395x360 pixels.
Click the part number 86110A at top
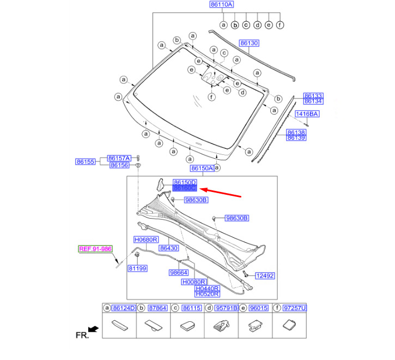pos(222,4)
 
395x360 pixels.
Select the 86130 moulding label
pos(249,43)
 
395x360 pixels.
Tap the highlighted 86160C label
pos(185,188)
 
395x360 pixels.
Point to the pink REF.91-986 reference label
pos(95,249)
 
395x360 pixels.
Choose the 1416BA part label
pos(307,114)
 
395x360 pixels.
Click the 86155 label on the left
pos(86,161)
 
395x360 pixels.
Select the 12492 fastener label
pos(264,276)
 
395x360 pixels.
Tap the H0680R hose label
pos(146,239)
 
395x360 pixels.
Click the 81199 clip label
pos(137,268)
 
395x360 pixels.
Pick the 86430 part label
pos(169,248)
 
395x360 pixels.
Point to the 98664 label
pos(179,273)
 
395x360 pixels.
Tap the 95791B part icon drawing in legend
pos(221,326)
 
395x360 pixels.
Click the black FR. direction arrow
pos(94,329)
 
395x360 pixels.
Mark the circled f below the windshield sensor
pos(211,97)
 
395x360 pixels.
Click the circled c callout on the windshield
pos(224,53)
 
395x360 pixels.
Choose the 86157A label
pos(119,158)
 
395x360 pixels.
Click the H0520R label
pos(208,294)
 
